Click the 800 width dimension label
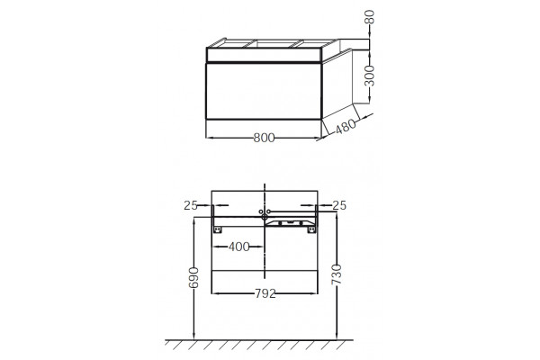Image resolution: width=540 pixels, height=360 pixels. coord(264,138)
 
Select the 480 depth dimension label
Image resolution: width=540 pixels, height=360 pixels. coord(346,126)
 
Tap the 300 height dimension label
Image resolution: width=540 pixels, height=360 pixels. coord(369,76)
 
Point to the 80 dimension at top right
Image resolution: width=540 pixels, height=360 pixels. coord(369,17)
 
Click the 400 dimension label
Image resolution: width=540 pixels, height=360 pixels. coord(239,247)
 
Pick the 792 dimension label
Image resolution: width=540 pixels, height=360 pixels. coord(265,293)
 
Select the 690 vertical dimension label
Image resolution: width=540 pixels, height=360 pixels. coord(193,277)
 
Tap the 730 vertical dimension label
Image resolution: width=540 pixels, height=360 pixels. coord(337,274)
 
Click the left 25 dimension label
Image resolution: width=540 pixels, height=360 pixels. coord(191,205)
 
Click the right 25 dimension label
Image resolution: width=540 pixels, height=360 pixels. coord(339,205)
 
